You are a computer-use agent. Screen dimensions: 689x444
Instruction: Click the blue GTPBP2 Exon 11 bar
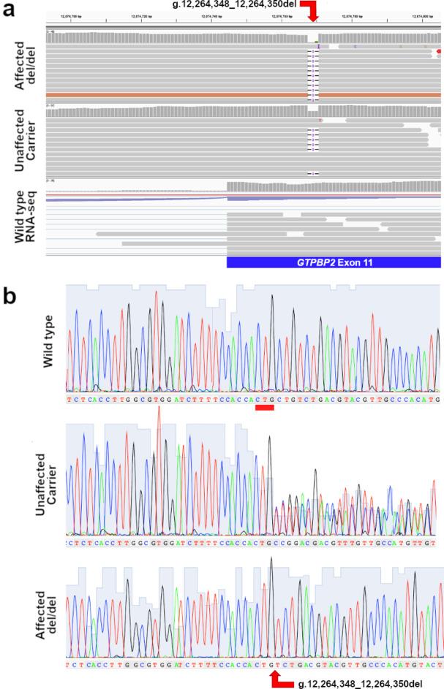pyautogui.click(x=333, y=262)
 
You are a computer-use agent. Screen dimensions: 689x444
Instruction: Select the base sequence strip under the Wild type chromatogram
pyautogui.click(x=252, y=400)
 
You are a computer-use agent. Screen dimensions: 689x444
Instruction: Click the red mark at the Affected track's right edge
pyautogui.click(x=438, y=52)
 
